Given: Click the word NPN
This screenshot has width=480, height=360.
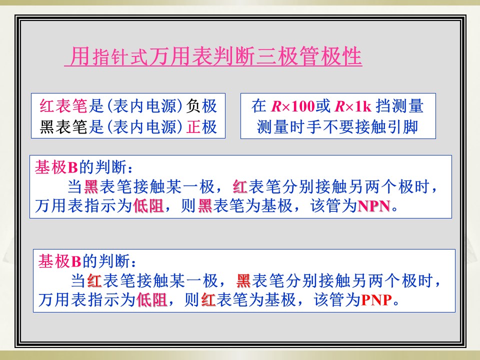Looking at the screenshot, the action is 374,206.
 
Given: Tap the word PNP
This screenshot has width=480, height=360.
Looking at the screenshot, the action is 376,300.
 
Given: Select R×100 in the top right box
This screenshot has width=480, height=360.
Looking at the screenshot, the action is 293,106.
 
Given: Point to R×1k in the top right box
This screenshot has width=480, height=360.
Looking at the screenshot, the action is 353,106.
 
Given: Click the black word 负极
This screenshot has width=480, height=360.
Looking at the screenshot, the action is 201,106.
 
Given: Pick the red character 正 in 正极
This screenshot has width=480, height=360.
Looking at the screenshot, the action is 193,126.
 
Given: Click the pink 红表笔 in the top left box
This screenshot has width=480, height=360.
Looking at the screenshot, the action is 63,106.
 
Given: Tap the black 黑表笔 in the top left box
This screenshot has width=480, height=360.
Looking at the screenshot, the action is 63,126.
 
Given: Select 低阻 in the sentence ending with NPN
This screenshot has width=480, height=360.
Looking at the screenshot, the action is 148,205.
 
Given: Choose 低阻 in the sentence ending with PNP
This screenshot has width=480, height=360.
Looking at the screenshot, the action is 152,299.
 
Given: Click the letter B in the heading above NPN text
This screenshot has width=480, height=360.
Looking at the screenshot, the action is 73,168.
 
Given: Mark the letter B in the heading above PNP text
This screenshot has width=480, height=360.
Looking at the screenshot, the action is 76,261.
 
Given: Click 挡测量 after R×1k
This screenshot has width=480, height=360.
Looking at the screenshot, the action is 399,106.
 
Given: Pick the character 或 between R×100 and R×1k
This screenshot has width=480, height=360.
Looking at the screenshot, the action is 323,106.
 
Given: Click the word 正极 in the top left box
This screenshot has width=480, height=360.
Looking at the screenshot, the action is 201,126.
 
